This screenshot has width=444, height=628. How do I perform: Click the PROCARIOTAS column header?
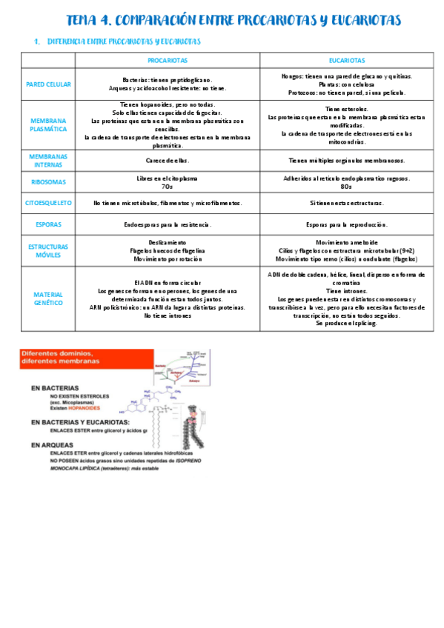(167, 61)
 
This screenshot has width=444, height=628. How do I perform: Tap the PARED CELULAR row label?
(47, 84)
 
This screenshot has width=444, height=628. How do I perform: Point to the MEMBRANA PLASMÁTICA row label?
(47, 125)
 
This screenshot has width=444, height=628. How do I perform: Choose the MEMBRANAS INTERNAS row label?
(47, 161)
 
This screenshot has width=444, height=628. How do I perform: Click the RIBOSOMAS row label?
(47, 181)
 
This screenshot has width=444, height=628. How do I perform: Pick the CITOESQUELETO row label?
(47, 202)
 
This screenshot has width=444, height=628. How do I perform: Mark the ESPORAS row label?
(47, 224)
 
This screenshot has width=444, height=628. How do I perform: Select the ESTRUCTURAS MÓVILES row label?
(47, 251)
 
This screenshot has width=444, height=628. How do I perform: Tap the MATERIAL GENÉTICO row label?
(47, 298)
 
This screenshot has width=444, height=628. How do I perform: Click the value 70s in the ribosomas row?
(167, 187)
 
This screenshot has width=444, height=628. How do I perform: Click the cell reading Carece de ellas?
(167, 160)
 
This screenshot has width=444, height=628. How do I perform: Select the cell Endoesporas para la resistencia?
(167, 224)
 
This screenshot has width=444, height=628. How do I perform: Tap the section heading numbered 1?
(119, 41)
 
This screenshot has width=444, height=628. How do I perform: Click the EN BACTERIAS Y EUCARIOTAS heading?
(76, 421)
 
